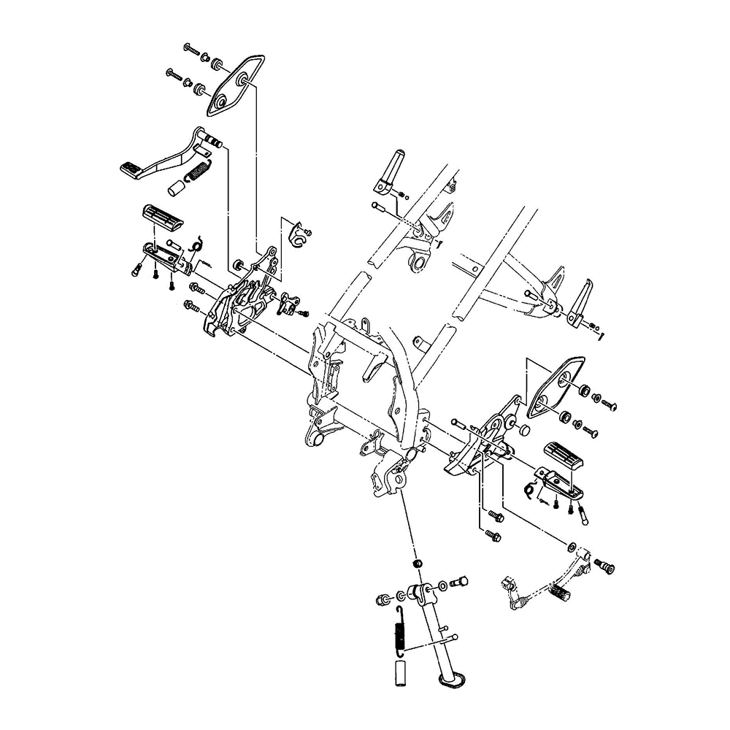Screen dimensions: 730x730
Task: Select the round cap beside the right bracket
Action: (x=523, y=429)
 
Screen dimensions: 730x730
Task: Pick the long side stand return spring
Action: (x=399, y=629)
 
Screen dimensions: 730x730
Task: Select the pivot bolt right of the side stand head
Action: (x=460, y=582)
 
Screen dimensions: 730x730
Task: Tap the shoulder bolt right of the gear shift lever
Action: (x=605, y=566)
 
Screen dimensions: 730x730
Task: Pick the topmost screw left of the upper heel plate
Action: (x=192, y=50)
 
